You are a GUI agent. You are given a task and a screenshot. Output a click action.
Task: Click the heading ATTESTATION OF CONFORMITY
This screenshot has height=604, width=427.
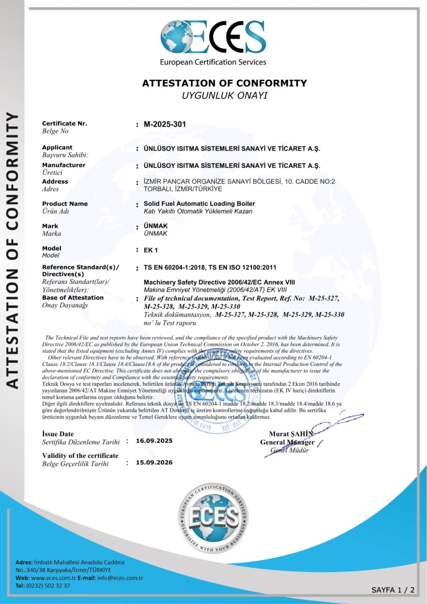click(224, 83)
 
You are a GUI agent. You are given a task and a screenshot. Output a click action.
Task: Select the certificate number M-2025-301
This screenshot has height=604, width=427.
click(165, 124)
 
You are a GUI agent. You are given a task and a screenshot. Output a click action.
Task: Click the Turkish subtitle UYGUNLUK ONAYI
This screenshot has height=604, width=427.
click(224, 95)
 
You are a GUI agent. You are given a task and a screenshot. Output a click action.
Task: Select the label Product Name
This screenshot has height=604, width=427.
click(65, 204)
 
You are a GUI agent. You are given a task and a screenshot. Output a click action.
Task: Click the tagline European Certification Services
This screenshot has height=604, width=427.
click(213, 62)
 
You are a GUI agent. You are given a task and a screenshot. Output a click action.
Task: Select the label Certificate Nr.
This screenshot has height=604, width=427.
click(65, 123)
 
